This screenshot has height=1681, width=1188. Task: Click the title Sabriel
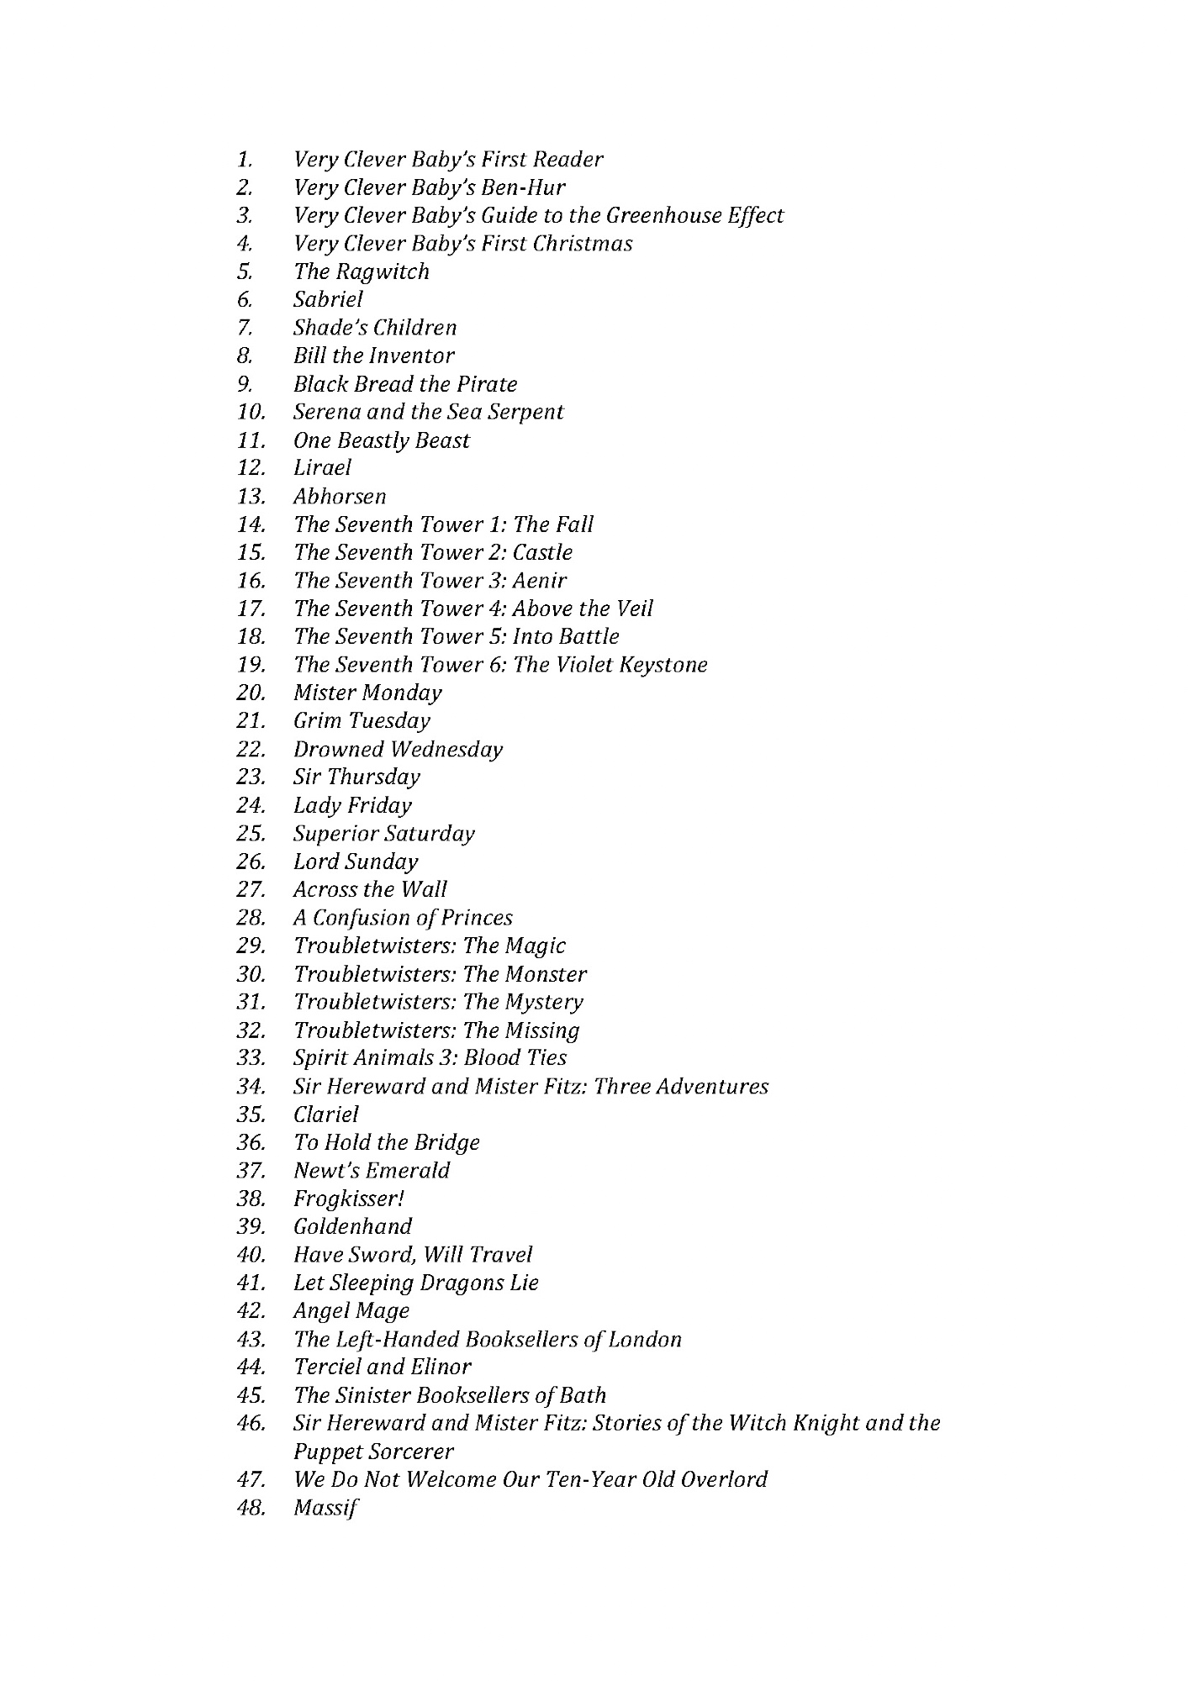click(328, 299)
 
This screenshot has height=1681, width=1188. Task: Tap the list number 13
click(251, 496)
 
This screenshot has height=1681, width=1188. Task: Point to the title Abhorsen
click(340, 496)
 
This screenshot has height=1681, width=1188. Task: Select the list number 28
click(251, 918)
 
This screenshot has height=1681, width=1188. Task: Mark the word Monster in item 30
click(546, 974)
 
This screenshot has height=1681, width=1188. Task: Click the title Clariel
click(325, 1115)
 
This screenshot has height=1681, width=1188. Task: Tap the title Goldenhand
click(353, 1226)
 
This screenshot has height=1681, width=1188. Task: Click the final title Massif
click(326, 1508)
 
